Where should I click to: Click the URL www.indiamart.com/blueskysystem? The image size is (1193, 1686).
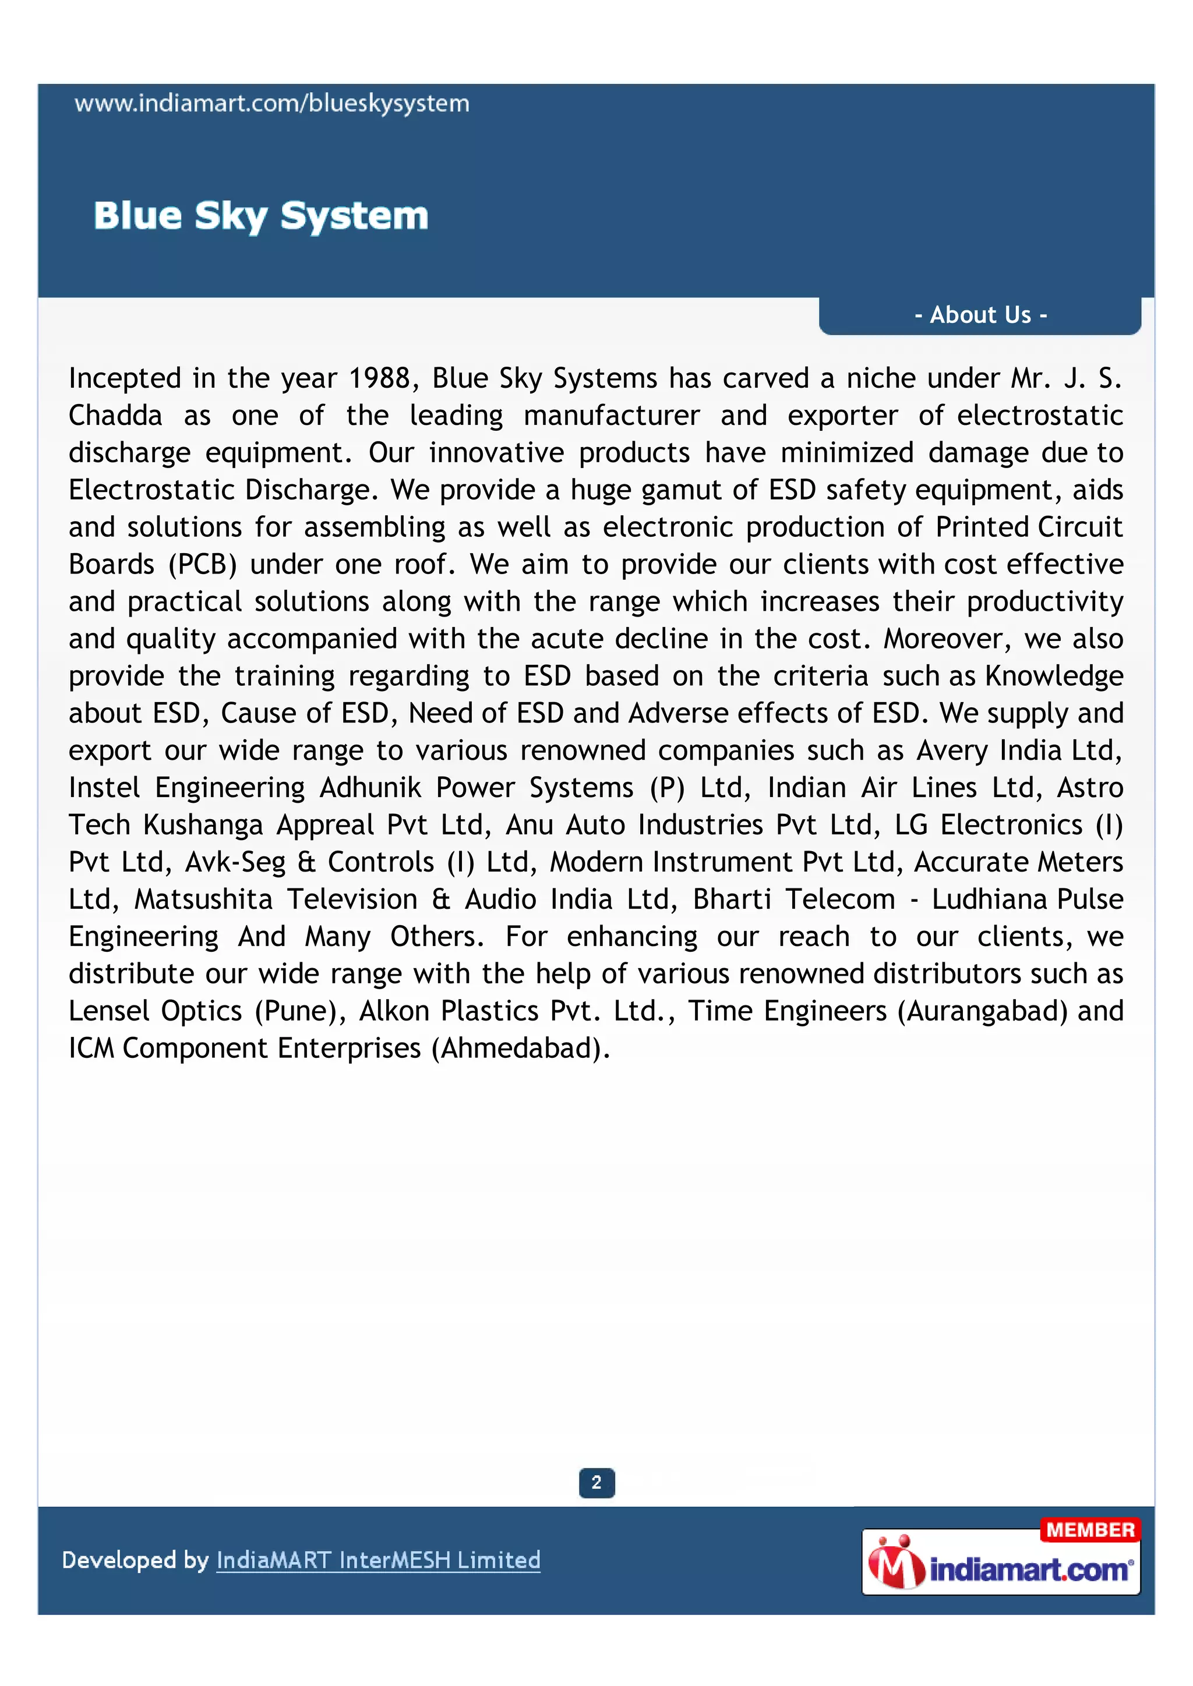coord(272,104)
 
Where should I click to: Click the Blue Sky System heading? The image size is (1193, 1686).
coord(261,216)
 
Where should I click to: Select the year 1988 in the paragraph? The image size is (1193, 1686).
coord(379,379)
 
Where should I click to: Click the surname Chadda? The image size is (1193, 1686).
coord(115,416)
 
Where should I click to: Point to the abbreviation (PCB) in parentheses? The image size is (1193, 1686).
coord(203,565)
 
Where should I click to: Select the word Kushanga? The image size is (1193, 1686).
coord(203,826)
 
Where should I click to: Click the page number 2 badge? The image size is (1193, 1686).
coord(596,1483)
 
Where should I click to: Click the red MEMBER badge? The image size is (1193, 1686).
coord(1090,1529)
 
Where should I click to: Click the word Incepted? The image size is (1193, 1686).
coord(125,379)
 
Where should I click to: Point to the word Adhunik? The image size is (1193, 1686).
coord(370,788)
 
